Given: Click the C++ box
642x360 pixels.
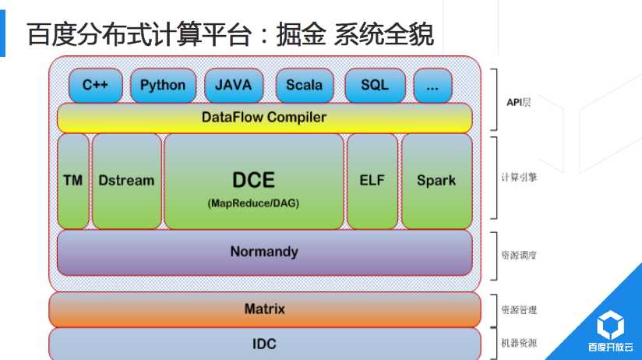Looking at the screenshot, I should coord(96,86).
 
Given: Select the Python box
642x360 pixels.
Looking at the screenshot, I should coord(163,86).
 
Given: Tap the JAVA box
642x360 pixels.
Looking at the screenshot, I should coord(234,86).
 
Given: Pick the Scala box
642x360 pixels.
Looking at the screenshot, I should coord(304,86).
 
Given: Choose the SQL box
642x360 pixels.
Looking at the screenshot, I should coord(375,86).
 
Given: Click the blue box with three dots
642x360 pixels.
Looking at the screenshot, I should coord(433,86).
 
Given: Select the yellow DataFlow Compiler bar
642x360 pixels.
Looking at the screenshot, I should coord(264,118).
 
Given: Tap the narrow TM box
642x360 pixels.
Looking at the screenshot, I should coord(73,181).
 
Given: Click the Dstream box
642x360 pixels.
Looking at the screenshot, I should coord(126,181).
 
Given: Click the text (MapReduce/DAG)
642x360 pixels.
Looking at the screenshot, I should coord(253,203).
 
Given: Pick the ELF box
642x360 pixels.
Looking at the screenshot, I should coord(372,181).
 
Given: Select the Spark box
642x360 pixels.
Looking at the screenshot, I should coord(436,181).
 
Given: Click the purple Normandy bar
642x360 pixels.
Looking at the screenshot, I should coord(264,252).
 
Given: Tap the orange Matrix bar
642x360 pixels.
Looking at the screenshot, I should coord(264,309).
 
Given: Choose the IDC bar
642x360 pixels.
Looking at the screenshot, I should coord(264,344).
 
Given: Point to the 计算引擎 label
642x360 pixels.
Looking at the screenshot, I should coord(519,178).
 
